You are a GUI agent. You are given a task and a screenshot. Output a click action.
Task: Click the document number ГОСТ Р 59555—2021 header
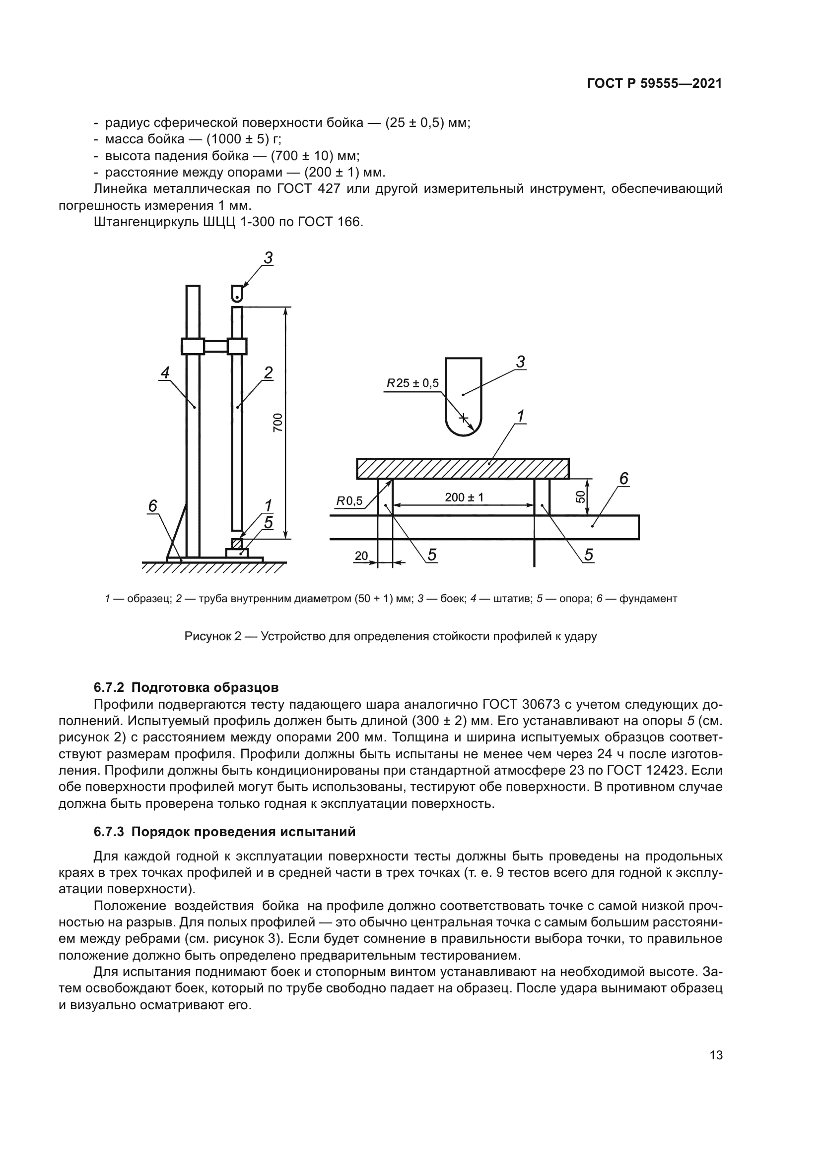coord(654,84)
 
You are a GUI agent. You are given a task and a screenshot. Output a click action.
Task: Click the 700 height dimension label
coord(277,423)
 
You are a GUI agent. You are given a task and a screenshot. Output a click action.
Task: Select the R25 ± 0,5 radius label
coord(413,383)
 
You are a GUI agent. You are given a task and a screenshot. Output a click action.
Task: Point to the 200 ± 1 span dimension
coord(464,497)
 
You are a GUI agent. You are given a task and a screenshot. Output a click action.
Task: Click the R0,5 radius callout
coord(350,501)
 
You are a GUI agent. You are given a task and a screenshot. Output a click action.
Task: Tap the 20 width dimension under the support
coord(361,556)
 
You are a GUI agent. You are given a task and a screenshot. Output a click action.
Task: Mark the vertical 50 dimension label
coord(581,496)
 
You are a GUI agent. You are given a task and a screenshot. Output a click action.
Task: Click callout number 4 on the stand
coord(165,373)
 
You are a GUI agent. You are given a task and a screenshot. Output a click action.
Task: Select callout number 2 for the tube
coord(269,373)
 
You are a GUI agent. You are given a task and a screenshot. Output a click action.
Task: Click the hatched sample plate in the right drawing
coord(463,468)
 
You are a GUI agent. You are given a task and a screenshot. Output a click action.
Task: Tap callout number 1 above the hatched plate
coord(520,416)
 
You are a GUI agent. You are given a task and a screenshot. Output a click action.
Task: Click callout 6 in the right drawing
coord(624,479)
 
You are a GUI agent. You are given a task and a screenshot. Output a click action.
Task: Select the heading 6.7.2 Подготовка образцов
coord(186,687)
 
